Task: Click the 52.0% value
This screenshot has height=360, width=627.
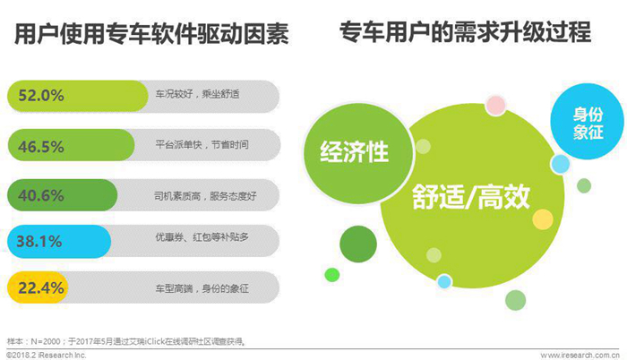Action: pyautogui.click(x=41, y=96)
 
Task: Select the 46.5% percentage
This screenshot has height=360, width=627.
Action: pyautogui.click(x=41, y=146)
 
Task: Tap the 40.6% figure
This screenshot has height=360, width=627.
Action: pyautogui.click(x=41, y=195)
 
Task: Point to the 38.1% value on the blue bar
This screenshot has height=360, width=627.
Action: pyautogui.click(x=39, y=241)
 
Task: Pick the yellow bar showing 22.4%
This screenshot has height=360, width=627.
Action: pyautogui.click(x=38, y=287)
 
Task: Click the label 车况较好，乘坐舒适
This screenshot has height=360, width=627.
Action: pyautogui.click(x=198, y=94)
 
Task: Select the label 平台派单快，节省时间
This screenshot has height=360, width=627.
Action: pyautogui.click(x=202, y=144)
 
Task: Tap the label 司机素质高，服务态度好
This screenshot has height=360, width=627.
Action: pyautogui.click(x=205, y=196)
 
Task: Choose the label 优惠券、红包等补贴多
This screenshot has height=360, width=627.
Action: pyautogui.click(x=202, y=236)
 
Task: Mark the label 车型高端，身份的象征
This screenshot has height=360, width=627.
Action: pyautogui.click(x=202, y=288)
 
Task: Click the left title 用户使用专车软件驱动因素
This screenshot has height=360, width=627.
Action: pyautogui.click(x=151, y=34)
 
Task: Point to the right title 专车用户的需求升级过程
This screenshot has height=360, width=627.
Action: pyautogui.click(x=465, y=32)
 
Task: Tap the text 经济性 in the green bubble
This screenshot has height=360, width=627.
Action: pyautogui.click(x=355, y=152)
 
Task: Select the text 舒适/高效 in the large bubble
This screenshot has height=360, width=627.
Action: pyautogui.click(x=471, y=196)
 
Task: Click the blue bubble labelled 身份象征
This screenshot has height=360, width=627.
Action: pyautogui.click(x=587, y=122)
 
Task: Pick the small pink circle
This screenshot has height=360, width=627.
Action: pyautogui.click(x=496, y=106)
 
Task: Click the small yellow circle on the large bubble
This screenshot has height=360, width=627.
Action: pyautogui.click(x=543, y=219)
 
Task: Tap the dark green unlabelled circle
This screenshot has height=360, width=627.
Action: pyautogui.click(x=358, y=244)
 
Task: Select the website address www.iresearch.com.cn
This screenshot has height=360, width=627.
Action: pyautogui.click(x=580, y=356)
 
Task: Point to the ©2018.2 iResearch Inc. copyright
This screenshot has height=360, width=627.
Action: pyautogui.click(x=46, y=355)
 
